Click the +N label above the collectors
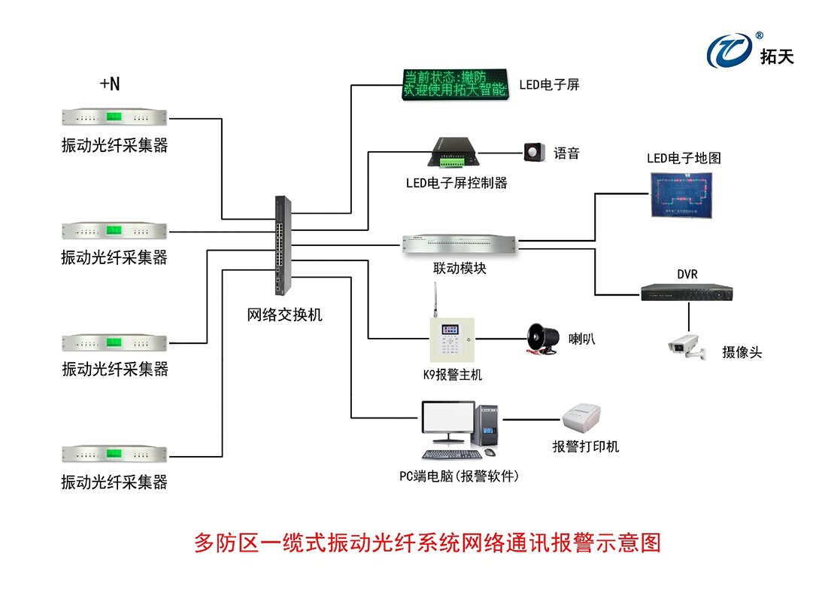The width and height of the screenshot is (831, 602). click(x=110, y=84)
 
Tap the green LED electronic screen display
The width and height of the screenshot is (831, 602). click(x=454, y=84)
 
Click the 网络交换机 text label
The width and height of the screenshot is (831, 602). click(x=284, y=315)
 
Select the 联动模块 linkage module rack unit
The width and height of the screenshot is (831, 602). click(x=459, y=243)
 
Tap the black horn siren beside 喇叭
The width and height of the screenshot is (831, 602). click(x=541, y=338)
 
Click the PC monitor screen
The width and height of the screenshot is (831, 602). click(x=447, y=421)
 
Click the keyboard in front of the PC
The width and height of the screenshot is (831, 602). click(x=451, y=454)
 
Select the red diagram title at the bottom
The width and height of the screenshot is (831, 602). click(x=427, y=543)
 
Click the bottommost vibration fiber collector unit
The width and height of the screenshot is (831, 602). click(x=114, y=453)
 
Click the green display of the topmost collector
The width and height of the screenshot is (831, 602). click(x=114, y=117)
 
